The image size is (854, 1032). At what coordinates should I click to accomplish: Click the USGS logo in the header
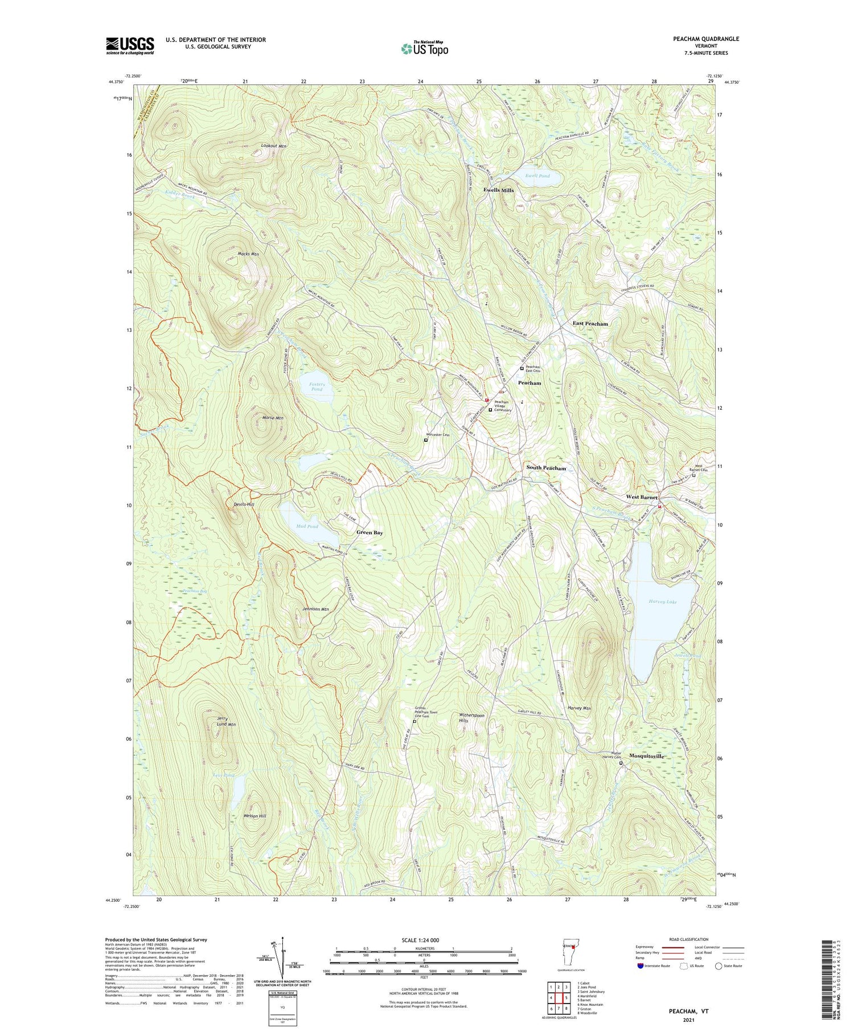130,46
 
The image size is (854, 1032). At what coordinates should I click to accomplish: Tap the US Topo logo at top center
424,48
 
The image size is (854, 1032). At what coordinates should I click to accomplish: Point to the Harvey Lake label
663,601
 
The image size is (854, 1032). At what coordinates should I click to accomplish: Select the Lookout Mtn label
273,146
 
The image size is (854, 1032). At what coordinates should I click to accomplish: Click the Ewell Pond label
537,176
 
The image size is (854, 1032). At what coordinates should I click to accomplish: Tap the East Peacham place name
590,323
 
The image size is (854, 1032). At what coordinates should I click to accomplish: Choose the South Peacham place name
546,468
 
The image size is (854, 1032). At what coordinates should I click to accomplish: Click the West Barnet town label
642,497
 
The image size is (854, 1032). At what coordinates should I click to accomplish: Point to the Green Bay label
369,532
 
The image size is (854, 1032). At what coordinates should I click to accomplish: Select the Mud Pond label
307,526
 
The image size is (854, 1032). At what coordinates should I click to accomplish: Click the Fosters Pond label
317,387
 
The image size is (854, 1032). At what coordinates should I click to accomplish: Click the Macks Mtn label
248,254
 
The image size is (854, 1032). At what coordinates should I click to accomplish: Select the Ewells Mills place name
498,190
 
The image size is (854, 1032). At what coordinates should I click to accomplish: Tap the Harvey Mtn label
579,708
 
